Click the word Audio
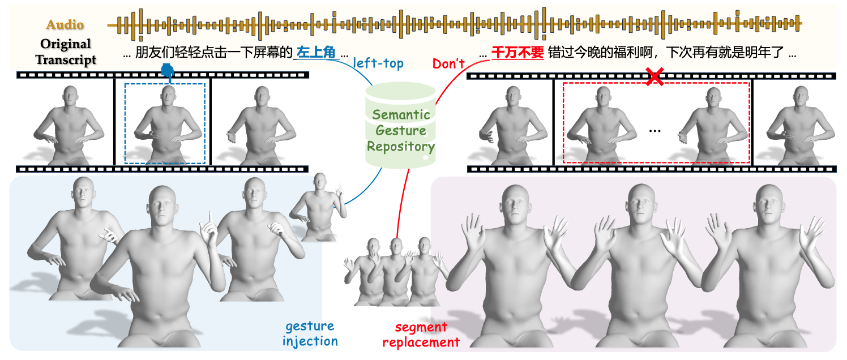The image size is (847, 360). click(65, 24)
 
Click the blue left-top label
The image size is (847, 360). click(378, 63)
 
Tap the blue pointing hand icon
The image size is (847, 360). click(167, 72)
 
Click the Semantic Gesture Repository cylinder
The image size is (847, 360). click(401, 130)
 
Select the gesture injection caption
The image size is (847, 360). click(310, 333)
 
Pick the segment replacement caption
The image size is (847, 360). click(421, 335)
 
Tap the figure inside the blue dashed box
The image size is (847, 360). click(164, 125)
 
